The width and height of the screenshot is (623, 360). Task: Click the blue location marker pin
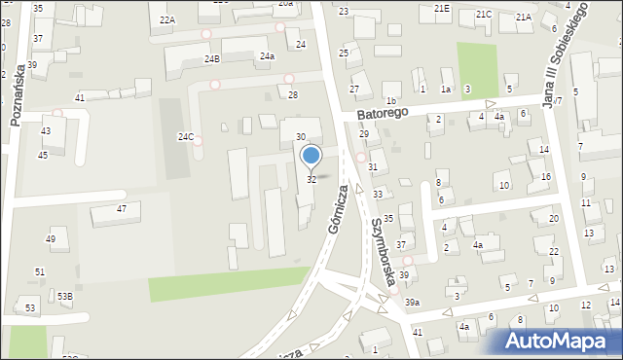pyautogui.click(x=311, y=156)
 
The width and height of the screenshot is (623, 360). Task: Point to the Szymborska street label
pyautogui.click(x=382, y=251)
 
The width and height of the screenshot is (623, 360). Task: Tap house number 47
pyautogui.click(x=122, y=209)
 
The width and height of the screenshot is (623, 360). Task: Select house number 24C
pyautogui.click(x=185, y=137)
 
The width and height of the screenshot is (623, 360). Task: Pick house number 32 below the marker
pyautogui.click(x=311, y=179)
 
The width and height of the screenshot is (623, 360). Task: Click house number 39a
pyautogui.click(x=412, y=303)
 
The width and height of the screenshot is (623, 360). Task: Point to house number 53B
pyautogui.click(x=64, y=295)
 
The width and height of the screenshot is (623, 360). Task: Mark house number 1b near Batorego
pyautogui.click(x=391, y=101)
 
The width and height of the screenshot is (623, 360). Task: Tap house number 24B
pyautogui.click(x=212, y=59)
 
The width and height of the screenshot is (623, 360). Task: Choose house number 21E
pyautogui.click(x=443, y=8)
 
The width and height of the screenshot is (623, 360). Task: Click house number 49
pyautogui.click(x=51, y=239)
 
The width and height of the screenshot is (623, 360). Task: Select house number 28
pyautogui.click(x=292, y=94)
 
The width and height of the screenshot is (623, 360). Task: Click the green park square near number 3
pyautogui.click(x=478, y=65)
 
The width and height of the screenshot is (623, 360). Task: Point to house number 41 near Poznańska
pyautogui.click(x=80, y=97)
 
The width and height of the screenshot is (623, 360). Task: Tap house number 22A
pyautogui.click(x=167, y=19)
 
